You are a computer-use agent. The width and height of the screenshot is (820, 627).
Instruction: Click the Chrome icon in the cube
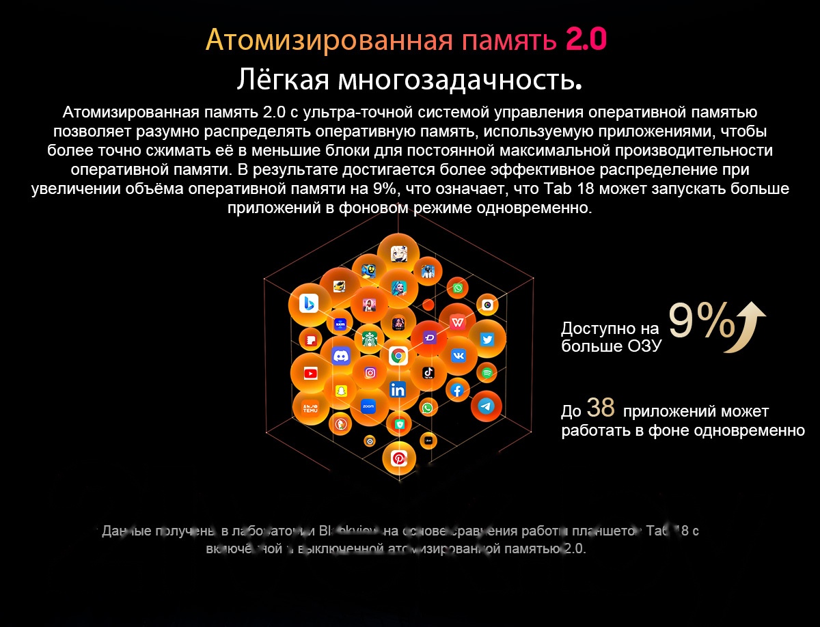tap(398, 355)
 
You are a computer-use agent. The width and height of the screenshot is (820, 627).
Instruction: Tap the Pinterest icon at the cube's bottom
tap(399, 458)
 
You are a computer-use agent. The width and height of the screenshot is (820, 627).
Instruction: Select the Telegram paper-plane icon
tap(486, 406)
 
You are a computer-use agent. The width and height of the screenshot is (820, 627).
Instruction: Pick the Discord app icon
tap(340, 355)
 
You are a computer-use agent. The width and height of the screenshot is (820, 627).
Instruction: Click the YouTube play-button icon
tap(311, 373)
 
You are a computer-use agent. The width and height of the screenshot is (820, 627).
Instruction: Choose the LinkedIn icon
tap(398, 390)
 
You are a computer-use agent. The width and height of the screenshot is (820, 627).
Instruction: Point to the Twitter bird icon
tap(487, 339)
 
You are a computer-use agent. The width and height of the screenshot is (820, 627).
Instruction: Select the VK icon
tap(457, 355)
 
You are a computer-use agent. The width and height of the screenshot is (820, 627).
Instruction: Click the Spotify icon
tap(487, 373)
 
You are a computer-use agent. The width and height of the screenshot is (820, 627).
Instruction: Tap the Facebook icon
tap(457, 391)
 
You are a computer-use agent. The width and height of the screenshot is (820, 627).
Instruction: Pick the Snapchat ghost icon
tap(340, 391)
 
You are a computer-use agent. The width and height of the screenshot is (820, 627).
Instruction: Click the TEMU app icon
tap(311, 406)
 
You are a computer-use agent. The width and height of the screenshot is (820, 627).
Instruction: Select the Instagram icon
tap(370, 373)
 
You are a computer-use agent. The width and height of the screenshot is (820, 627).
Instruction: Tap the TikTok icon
tap(428, 372)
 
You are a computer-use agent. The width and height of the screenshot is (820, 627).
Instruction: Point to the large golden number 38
tap(601, 408)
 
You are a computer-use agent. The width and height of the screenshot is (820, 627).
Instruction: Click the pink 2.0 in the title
tap(586, 40)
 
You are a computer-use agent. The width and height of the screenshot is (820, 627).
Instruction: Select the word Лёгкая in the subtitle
tap(283, 80)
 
